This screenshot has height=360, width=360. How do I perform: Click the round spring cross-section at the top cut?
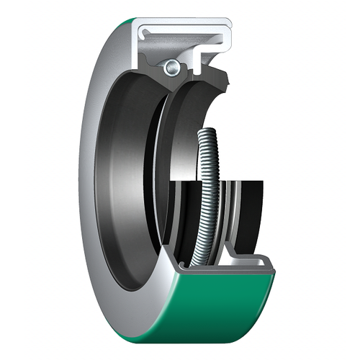[172, 67]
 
